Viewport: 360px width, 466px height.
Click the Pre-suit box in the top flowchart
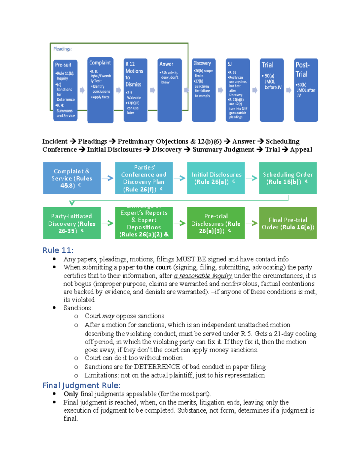point(65,90)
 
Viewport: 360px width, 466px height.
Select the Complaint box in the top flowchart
point(100,90)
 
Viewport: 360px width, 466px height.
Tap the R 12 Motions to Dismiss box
point(135,90)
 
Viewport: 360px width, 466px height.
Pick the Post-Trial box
point(306,90)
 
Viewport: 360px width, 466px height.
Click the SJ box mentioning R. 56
point(238,90)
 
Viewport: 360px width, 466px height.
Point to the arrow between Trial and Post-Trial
point(289,90)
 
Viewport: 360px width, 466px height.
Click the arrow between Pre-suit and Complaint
point(82,90)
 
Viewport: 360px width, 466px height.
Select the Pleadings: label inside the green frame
point(62,49)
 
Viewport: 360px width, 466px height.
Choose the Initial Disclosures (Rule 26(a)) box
point(216,178)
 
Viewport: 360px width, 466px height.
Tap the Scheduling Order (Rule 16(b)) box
point(288,178)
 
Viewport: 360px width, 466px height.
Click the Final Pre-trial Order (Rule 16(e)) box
point(288,223)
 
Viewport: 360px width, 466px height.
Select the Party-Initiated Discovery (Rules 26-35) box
point(72,223)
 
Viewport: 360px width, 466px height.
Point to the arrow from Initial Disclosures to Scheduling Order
point(251,178)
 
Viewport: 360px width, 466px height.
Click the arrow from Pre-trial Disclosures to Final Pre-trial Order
point(251,223)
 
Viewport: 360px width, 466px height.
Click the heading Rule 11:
point(58,250)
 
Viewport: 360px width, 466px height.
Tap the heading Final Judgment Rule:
point(81,385)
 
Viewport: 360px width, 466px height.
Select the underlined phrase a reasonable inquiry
point(203,275)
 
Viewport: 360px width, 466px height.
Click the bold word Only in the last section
point(71,394)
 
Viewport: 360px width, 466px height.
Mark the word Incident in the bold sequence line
point(55,141)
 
